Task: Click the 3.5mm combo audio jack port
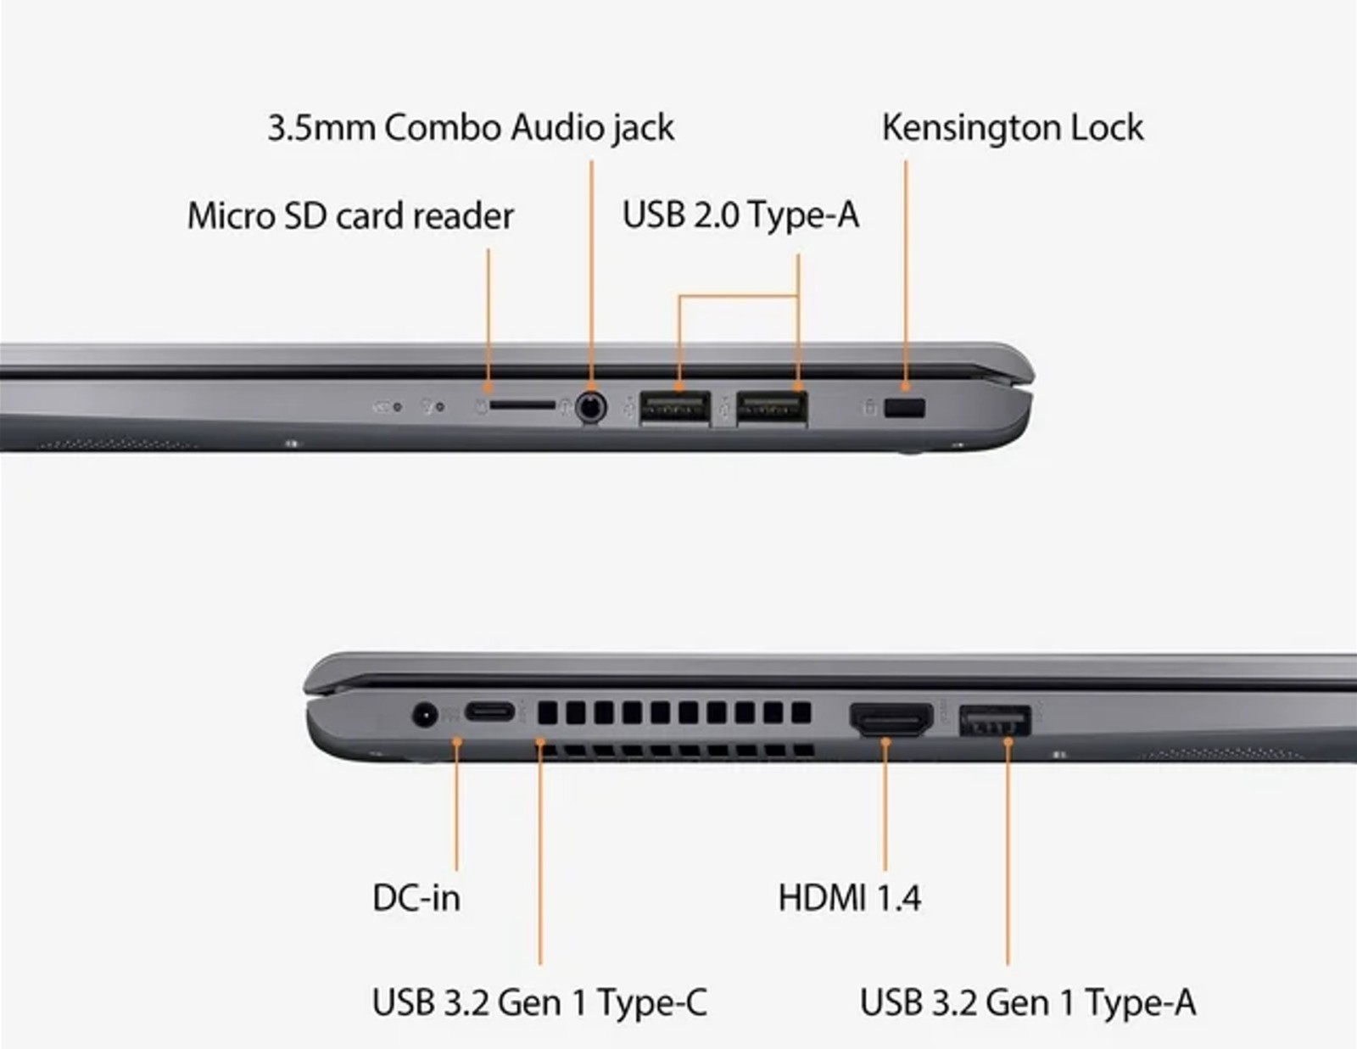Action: [591, 408]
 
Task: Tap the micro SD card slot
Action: [522, 406]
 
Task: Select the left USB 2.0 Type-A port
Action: [675, 409]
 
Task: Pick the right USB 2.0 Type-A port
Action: [772, 409]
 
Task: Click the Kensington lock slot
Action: [905, 408]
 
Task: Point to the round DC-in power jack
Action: [425, 714]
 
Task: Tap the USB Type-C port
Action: [489, 711]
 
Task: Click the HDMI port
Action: [891, 719]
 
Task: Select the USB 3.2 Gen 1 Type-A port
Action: [995, 721]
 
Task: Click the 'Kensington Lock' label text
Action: [1013, 128]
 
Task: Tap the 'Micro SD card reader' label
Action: [350, 216]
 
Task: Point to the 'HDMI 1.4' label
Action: [849, 898]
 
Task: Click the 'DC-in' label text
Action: [416, 898]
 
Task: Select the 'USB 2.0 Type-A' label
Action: [740, 215]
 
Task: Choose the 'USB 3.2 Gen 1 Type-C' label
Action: [539, 1002]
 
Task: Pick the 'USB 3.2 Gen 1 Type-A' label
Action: [1028, 1002]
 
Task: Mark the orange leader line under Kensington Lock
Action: [906, 276]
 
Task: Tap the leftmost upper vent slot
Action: [547, 712]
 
